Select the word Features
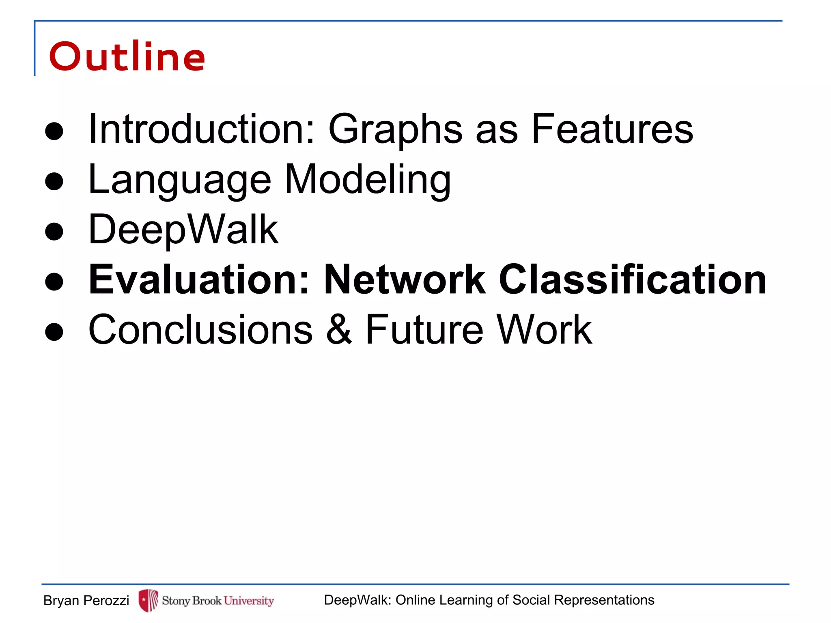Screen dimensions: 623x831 click(x=612, y=129)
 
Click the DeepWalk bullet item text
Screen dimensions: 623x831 click(x=183, y=230)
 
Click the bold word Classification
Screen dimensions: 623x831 click(x=632, y=279)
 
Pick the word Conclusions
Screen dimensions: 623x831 click(x=200, y=329)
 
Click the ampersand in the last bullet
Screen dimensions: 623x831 click(x=339, y=329)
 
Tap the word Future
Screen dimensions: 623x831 click(x=424, y=329)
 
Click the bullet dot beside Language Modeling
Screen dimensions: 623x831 click(x=54, y=181)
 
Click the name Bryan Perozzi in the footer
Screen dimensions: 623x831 click(x=86, y=600)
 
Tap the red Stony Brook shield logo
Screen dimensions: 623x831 click(x=148, y=600)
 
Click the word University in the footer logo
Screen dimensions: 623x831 click(x=249, y=601)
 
